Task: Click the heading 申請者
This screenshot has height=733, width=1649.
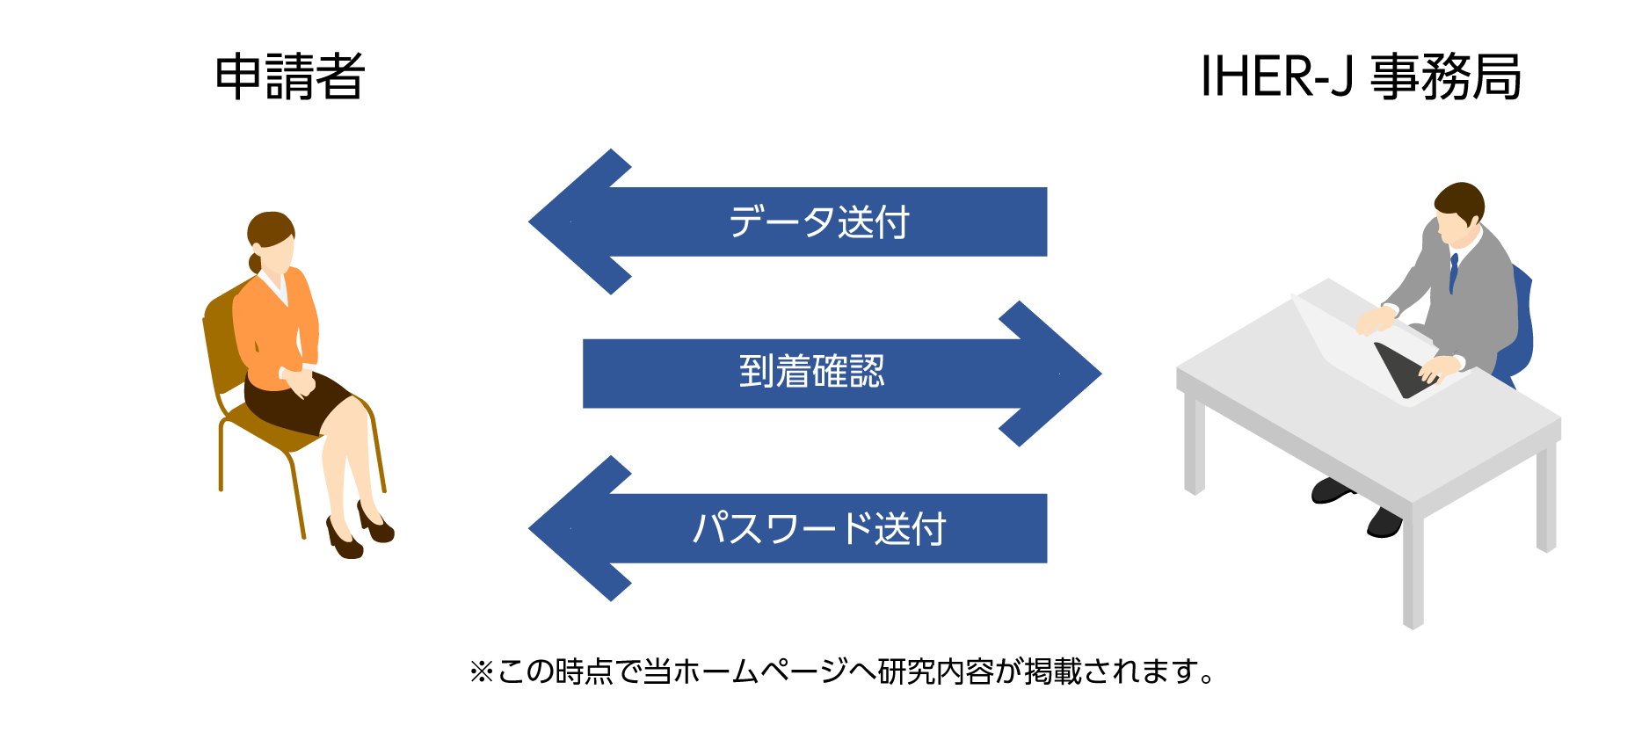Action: tap(290, 76)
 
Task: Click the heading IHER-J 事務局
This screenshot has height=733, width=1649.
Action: tap(1361, 76)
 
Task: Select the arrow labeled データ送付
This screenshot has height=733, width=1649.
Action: tap(788, 221)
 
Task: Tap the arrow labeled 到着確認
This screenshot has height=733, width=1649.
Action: tap(842, 374)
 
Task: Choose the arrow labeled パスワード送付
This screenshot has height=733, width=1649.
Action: tap(788, 528)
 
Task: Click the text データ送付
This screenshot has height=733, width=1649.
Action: tap(819, 221)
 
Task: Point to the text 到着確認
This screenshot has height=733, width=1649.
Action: tap(811, 372)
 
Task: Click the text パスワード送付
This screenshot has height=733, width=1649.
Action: tap(819, 528)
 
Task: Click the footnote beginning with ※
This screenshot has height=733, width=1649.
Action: tap(842, 671)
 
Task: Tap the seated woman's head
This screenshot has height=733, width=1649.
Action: tap(271, 242)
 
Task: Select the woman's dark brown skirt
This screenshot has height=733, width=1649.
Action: tap(294, 402)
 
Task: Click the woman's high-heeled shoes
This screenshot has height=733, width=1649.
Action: tap(360, 530)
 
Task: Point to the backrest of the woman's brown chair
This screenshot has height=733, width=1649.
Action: tap(223, 338)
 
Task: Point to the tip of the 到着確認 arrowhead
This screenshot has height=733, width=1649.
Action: tap(1101, 374)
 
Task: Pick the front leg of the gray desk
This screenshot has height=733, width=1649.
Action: tap(1413, 567)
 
